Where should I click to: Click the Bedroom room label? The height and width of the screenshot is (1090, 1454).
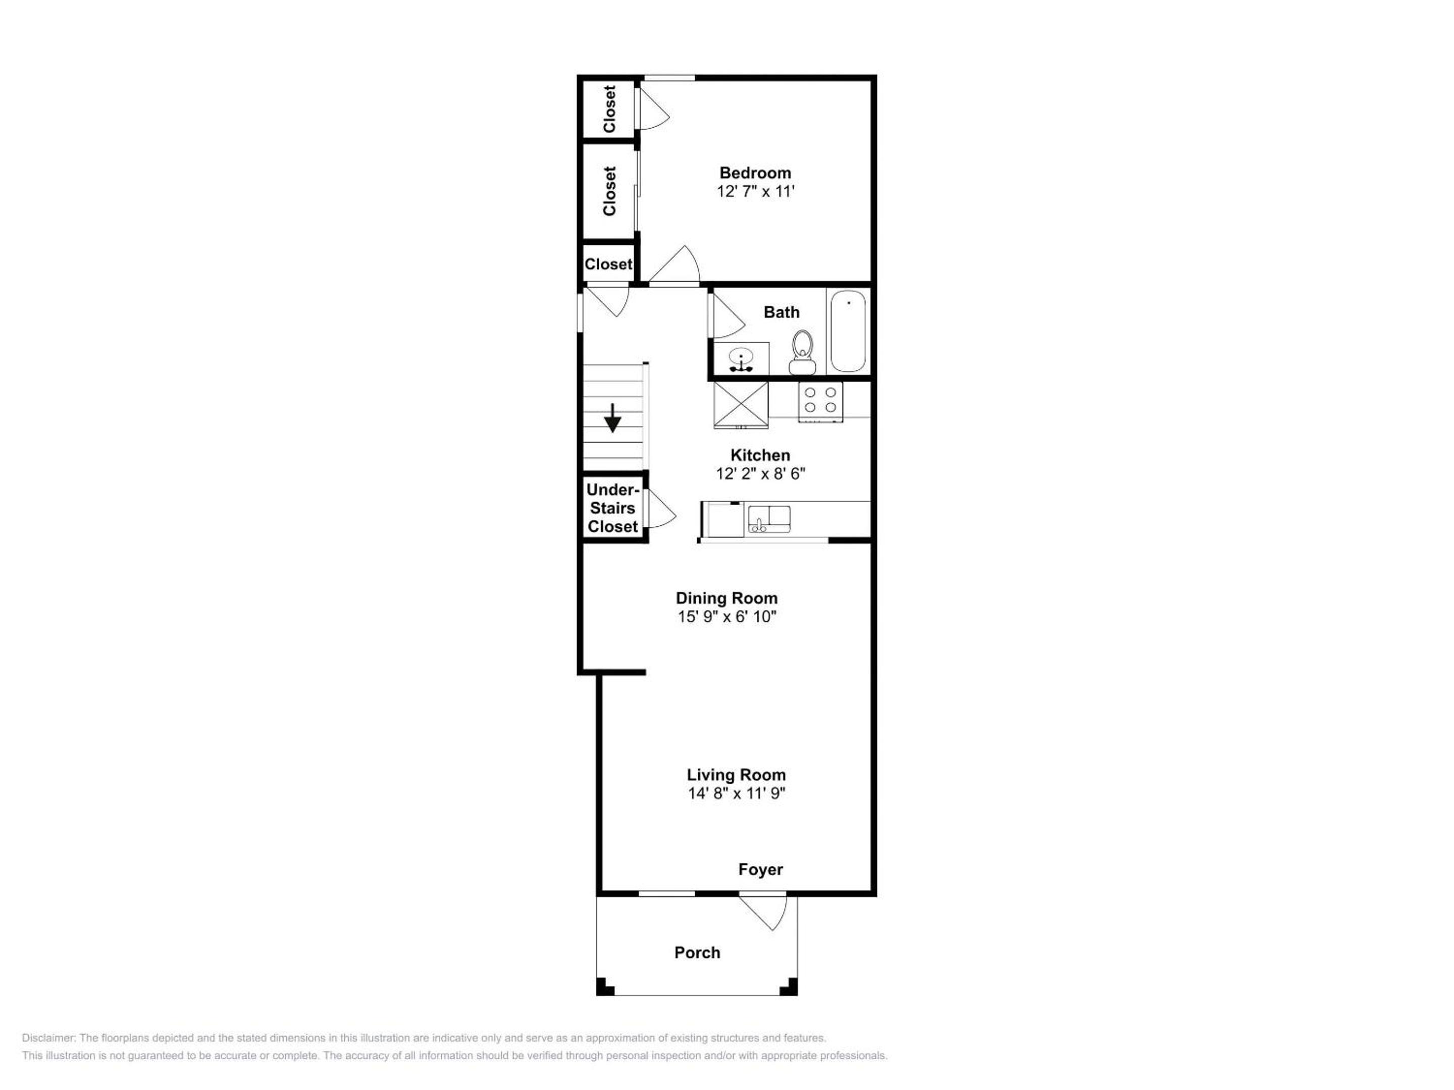pos(755,173)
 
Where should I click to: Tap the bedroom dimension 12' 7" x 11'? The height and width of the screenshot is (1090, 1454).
pos(756,191)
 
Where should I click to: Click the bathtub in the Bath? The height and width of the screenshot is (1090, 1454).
pos(848,331)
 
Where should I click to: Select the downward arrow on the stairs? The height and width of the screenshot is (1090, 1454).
pos(612,418)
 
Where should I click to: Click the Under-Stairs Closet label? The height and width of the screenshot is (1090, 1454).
pos(612,508)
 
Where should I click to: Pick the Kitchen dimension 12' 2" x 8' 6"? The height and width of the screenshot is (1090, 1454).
pos(760,474)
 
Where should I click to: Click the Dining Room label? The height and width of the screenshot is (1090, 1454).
pos(727,598)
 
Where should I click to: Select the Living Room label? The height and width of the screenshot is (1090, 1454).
pos(736,775)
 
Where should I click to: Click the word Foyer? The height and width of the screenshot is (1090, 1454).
pos(760,869)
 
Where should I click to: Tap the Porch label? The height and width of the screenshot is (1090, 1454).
pos(697,952)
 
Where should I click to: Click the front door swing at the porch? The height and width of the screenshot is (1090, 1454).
pos(764,912)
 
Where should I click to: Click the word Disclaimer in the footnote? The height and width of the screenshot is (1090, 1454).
pos(48,1038)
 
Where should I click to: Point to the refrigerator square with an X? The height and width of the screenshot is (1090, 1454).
pos(741,405)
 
